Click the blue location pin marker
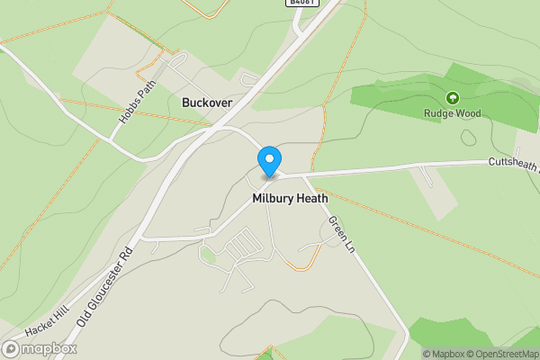268,161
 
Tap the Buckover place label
207,103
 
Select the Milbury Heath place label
290,198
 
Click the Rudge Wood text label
453,113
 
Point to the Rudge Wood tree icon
452,98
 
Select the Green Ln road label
343,234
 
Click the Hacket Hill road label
41,326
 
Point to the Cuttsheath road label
513,162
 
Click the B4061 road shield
303,4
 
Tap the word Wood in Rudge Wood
467,113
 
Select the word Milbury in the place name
273,198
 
